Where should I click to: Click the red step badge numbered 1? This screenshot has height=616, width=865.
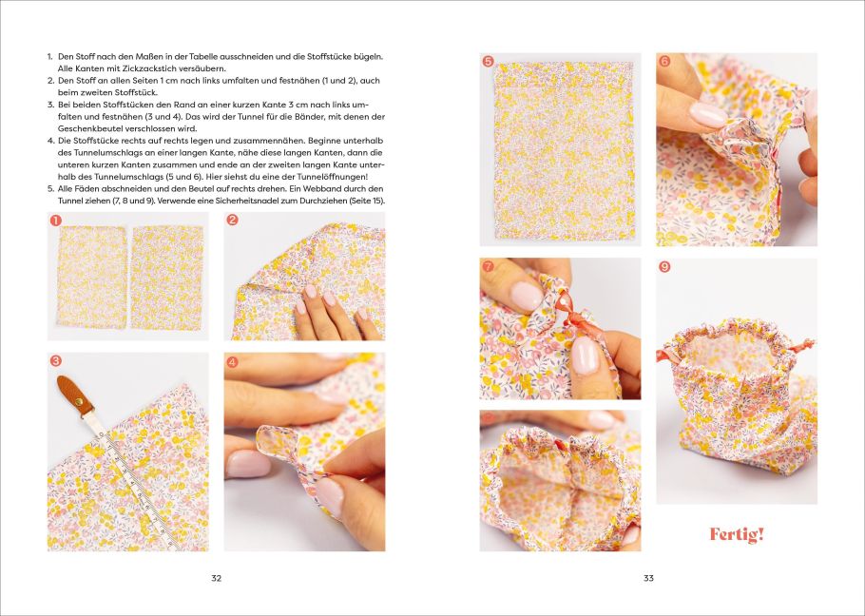55,220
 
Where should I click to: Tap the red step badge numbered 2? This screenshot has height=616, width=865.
232,220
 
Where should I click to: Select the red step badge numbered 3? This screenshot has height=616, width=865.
55,360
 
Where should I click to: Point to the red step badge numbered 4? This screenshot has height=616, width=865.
232,362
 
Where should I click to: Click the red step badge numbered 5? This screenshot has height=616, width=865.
488,61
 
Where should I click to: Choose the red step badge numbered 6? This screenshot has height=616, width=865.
664,61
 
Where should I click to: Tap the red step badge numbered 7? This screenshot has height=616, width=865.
488,266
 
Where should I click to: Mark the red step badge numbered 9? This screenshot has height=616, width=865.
664,267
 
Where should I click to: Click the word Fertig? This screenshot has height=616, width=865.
737,534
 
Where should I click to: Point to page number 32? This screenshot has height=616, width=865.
217,578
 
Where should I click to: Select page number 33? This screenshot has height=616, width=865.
648,578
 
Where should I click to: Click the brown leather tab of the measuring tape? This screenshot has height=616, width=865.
75,394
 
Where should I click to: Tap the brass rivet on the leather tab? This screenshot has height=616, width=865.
80,401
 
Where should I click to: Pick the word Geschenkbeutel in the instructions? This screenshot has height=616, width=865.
86,128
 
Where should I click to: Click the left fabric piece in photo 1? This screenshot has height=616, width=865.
91,277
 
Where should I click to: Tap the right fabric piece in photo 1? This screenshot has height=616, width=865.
166,278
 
